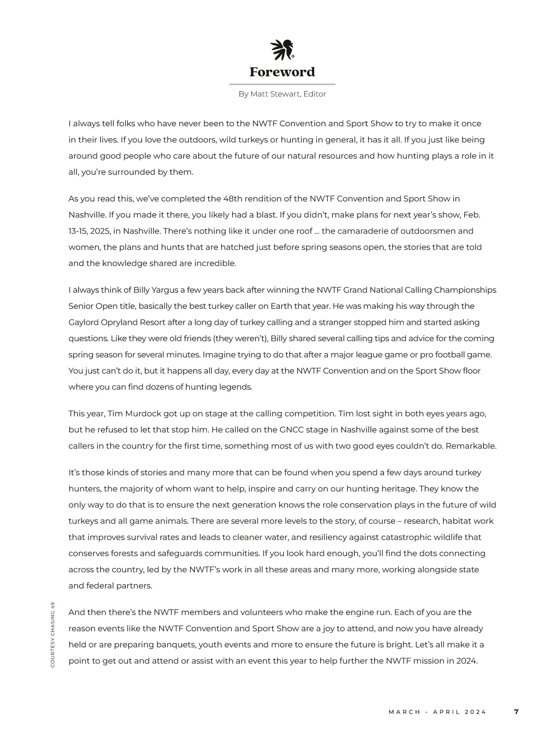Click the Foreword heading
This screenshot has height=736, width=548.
tap(282, 72)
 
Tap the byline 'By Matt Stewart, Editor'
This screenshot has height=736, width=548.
tap(282, 94)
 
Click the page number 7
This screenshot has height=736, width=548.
tap(516, 712)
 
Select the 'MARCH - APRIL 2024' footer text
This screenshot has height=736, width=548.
tap(437, 712)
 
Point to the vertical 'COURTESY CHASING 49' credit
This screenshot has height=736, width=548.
tap(53, 635)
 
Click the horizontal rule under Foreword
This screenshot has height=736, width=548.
tap(282, 84)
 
